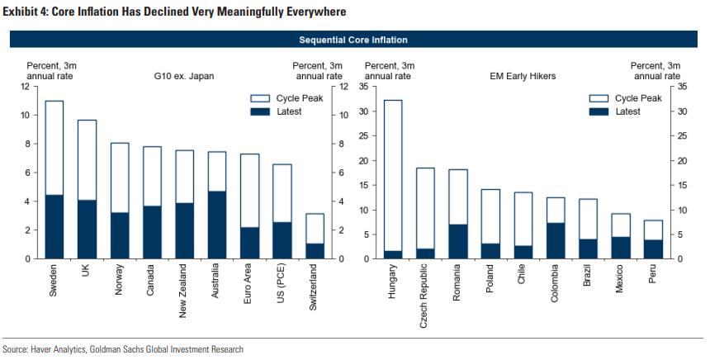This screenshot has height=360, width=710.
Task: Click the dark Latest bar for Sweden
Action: [x=54, y=227]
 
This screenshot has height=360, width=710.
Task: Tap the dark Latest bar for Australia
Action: [x=217, y=225]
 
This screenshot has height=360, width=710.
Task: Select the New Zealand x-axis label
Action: [x=184, y=291]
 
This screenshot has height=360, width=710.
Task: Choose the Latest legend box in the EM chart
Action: [x=597, y=111]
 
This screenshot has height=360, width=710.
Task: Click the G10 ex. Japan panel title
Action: [x=184, y=76]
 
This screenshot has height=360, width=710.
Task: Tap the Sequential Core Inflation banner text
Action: [x=353, y=40]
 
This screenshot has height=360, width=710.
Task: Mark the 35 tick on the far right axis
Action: [x=681, y=86]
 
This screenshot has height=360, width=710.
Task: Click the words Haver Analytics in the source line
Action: [x=63, y=350]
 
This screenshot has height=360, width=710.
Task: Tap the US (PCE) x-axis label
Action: [x=282, y=285]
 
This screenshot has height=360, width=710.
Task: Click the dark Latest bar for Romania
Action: [x=458, y=241]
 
